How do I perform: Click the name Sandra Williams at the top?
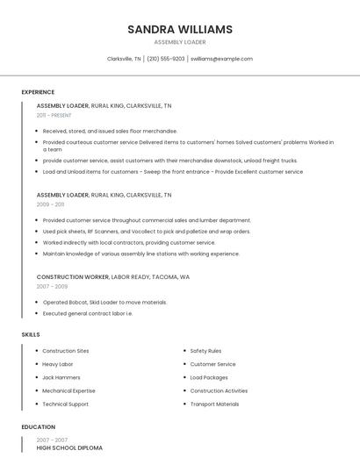click(180, 29)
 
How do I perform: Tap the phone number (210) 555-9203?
click(166, 59)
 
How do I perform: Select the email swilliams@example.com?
click(221, 59)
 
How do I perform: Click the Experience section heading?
click(38, 92)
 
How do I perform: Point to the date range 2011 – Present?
click(54, 115)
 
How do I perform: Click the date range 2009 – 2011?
click(50, 204)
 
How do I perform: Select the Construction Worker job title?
click(72, 276)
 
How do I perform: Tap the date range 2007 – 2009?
click(52, 286)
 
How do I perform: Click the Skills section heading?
click(31, 334)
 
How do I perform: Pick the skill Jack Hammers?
click(61, 377)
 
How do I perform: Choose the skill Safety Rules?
click(205, 351)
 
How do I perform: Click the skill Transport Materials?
click(214, 404)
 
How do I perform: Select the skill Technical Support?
click(65, 404)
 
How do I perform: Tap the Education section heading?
click(38, 427)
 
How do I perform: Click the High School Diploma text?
click(69, 447)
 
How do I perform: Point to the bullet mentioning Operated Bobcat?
click(104, 302)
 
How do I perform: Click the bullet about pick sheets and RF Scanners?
click(146, 232)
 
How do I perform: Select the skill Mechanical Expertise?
click(68, 390)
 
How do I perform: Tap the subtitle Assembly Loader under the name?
click(180, 41)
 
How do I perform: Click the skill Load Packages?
click(209, 377)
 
